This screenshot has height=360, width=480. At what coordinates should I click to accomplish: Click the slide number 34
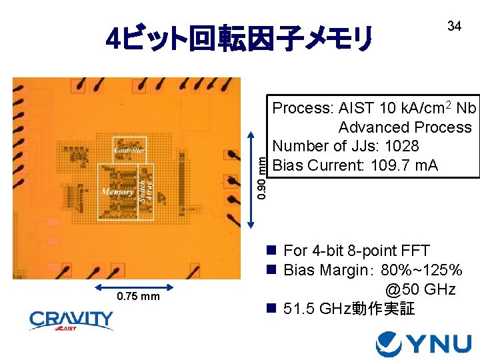coord(454,26)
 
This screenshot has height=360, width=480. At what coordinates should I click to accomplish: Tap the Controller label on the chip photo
coord(129,150)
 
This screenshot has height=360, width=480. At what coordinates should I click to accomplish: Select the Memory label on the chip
coord(117,192)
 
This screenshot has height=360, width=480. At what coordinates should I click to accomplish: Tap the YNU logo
coord(423,343)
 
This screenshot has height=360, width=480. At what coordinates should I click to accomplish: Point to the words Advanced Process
coord(405,127)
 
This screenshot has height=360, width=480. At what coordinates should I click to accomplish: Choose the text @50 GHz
coord(420,289)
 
